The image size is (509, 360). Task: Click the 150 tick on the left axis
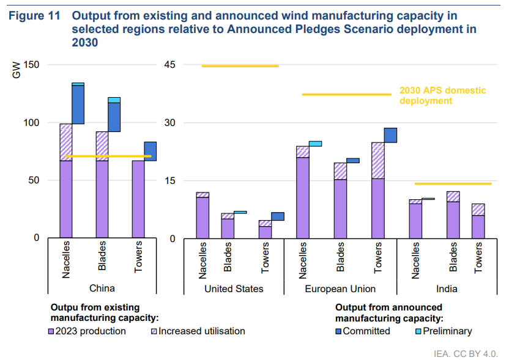point(31,65)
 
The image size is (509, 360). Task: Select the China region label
point(102,288)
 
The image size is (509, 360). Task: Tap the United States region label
point(233,288)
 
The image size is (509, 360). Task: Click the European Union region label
point(340,288)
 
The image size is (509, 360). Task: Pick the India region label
point(447,288)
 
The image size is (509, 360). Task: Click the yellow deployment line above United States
point(240,66)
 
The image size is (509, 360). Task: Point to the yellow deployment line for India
point(453,183)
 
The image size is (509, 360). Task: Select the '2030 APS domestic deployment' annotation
point(442,95)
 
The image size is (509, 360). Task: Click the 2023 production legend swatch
point(51,331)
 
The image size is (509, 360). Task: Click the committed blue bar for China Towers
point(150,151)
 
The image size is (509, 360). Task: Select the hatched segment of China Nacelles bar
point(65,142)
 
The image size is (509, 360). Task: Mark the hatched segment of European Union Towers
point(377,160)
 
